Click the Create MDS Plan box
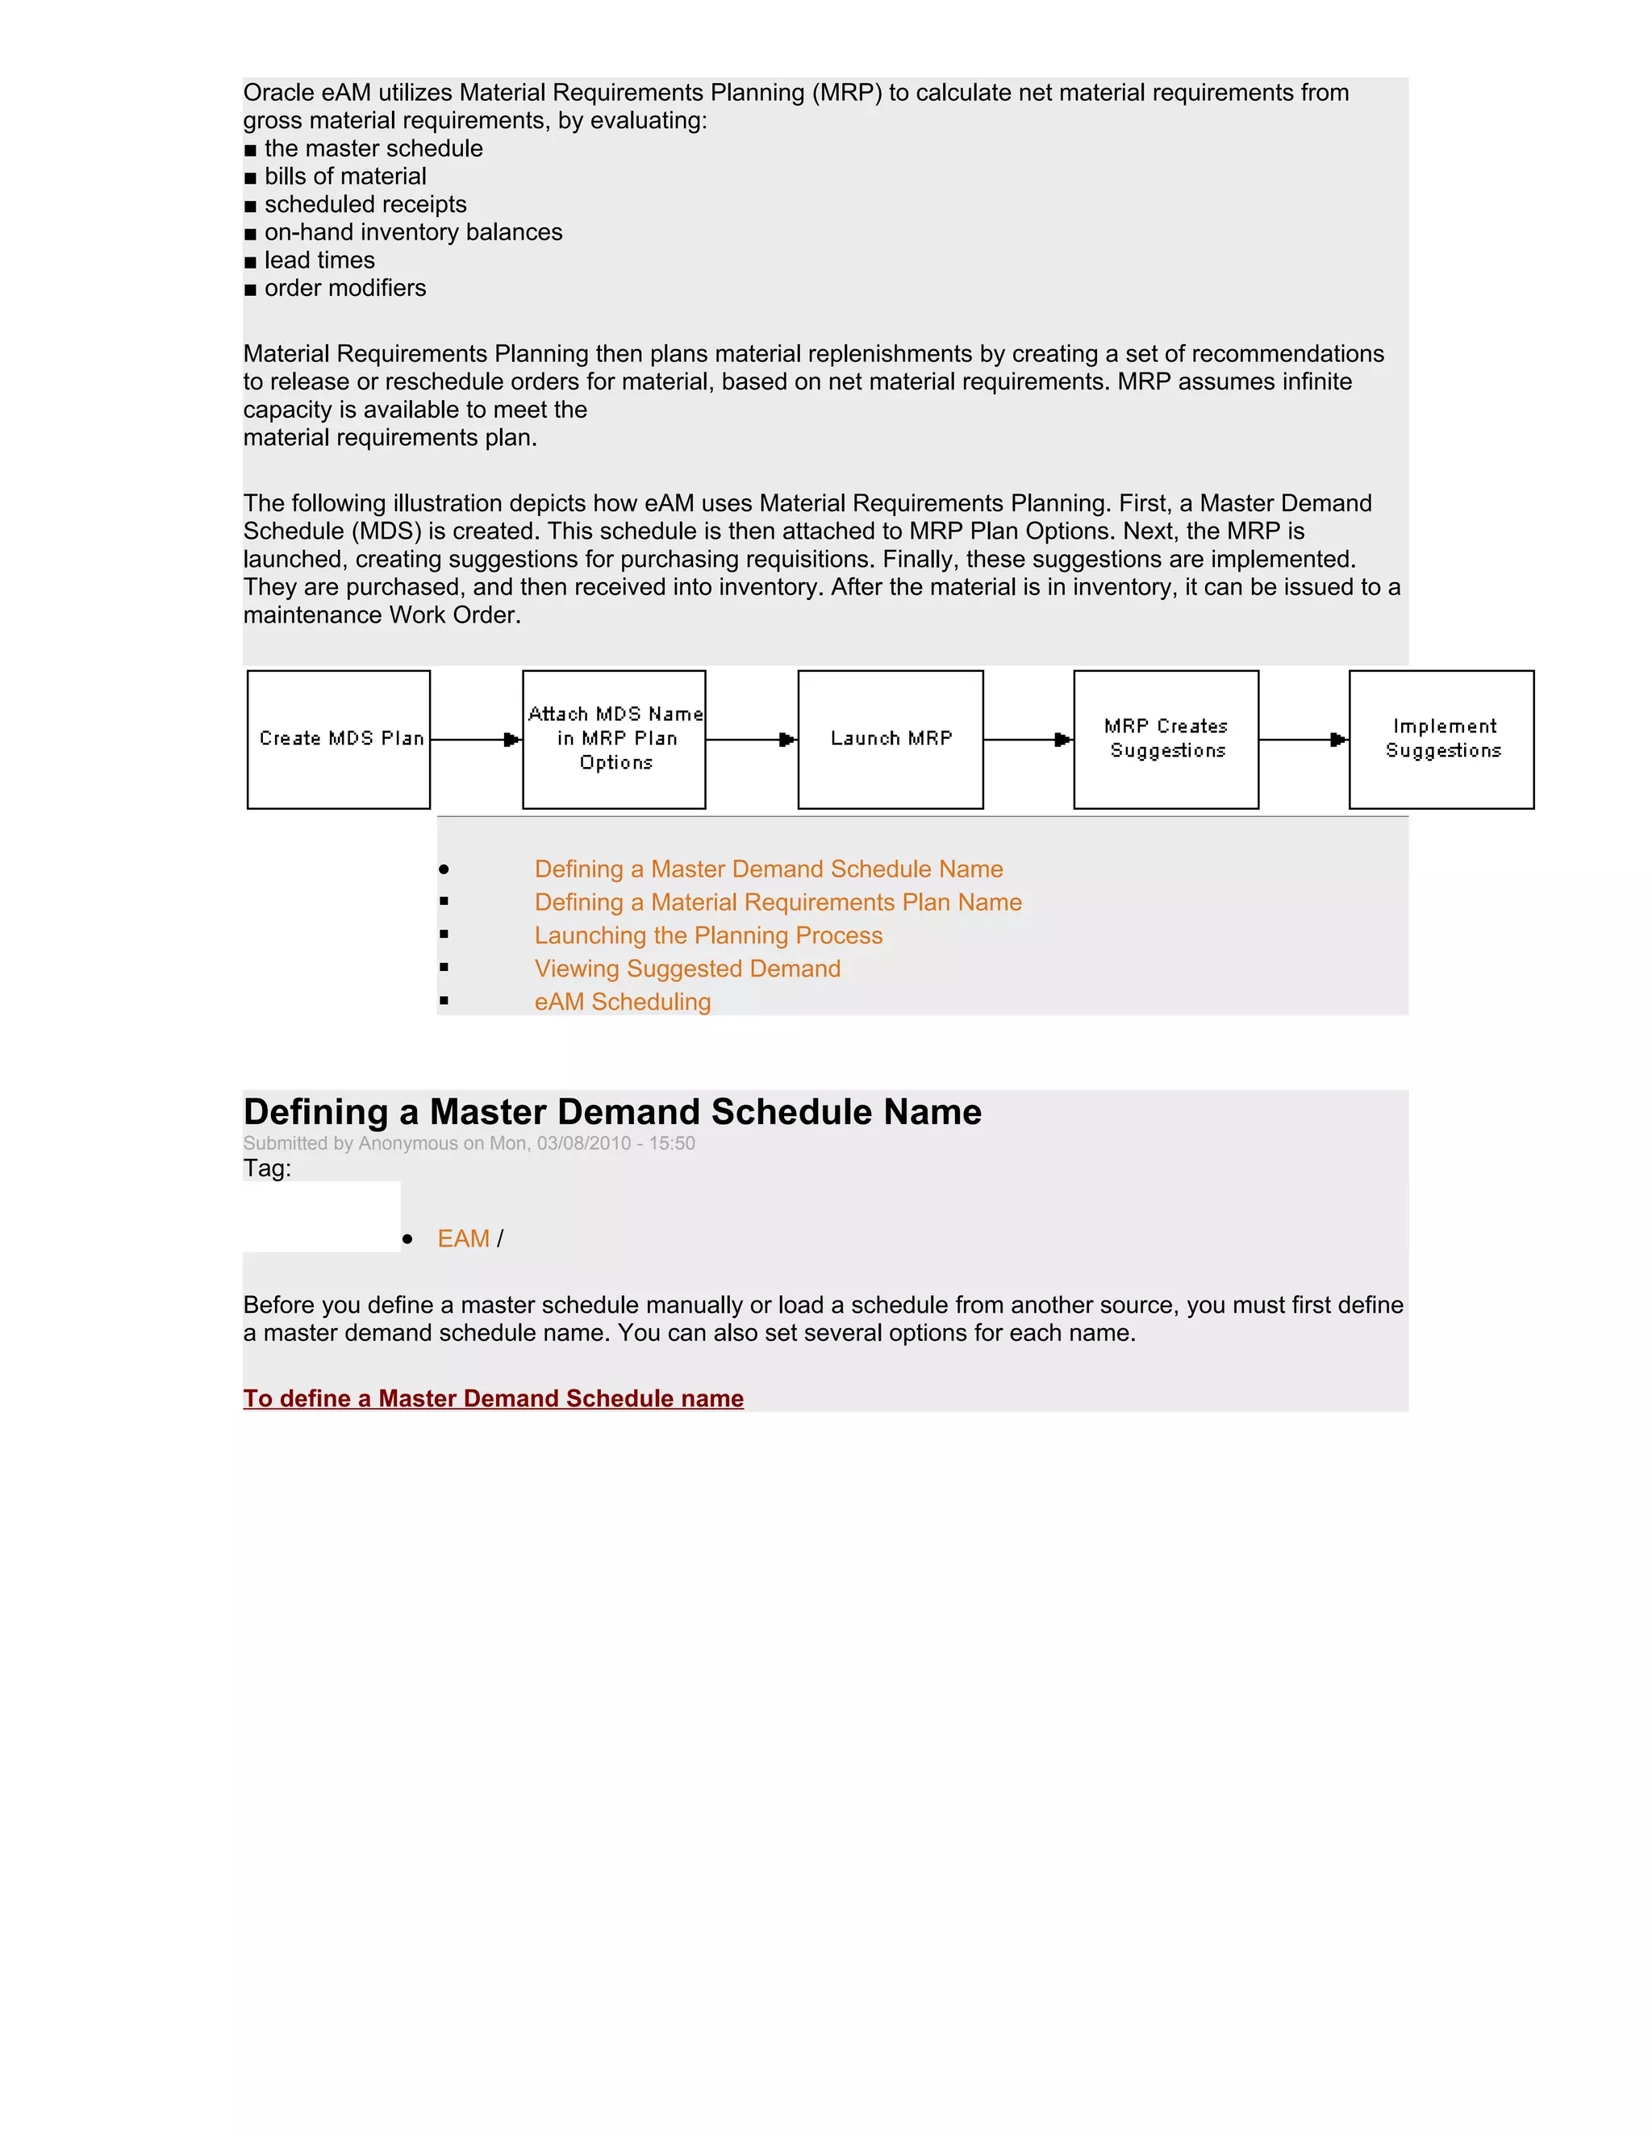339,739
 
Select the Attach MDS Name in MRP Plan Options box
615,739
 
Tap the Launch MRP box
891,739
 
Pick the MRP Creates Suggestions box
1166,739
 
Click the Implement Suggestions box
1441,739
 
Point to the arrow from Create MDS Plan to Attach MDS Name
477,739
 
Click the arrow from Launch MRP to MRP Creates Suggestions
1028,739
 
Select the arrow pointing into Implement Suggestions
1304,739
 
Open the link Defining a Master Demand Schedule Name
768,869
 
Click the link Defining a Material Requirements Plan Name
778,902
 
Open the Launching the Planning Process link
708,935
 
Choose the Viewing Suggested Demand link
687,969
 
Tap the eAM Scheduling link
623,1002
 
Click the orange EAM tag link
463,1239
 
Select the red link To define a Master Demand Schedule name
493,1398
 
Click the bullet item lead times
319,260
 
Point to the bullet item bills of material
344,176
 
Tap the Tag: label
267,1168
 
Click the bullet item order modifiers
344,288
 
